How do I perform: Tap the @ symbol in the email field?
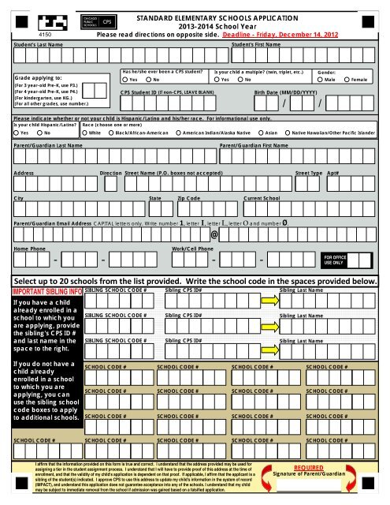click(214, 235)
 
